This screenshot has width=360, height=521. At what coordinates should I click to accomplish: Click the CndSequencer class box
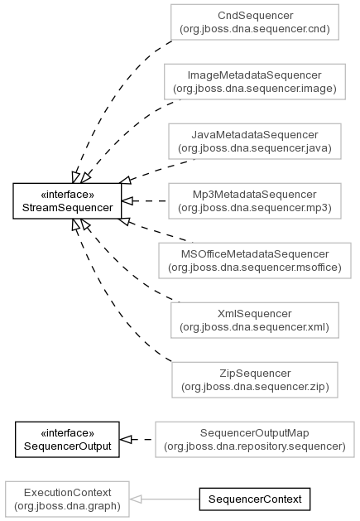point(255,22)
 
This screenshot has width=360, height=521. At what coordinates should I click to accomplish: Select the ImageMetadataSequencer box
point(255,82)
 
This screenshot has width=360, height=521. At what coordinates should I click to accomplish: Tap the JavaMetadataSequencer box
point(255,141)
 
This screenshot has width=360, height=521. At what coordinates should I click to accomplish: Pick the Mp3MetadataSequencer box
point(255,201)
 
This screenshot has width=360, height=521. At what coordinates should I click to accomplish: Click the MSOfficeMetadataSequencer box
point(255,260)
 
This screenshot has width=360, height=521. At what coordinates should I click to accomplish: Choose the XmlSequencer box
point(255,321)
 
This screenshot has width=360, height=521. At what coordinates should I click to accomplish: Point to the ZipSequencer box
point(255,380)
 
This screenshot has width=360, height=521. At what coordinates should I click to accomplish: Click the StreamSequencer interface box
point(67,201)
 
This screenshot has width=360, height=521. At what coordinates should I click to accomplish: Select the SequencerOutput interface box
point(67,440)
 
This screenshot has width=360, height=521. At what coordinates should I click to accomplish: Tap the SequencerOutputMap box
point(255,440)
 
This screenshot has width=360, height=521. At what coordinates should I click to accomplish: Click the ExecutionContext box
point(67,499)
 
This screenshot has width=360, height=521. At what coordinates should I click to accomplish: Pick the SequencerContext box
point(255,499)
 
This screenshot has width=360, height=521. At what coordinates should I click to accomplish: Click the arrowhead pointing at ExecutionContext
point(135,499)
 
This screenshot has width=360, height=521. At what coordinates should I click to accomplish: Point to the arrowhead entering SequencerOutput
point(126,440)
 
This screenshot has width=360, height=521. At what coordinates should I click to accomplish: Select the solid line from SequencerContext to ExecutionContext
point(165,499)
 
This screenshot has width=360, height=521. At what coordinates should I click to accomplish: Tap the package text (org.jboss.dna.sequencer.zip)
point(255,387)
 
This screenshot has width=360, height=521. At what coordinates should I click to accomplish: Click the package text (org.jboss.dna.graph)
point(67,506)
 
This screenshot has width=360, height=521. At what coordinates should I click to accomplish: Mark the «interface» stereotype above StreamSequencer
point(67,194)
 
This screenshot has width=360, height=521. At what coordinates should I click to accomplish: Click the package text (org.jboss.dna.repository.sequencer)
point(255,446)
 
